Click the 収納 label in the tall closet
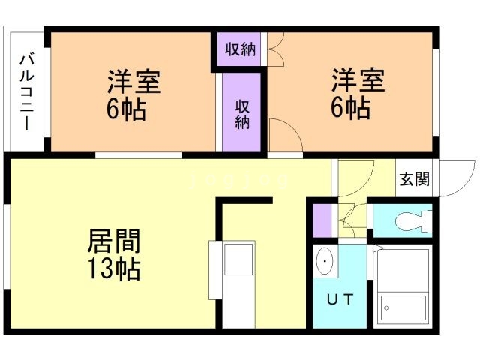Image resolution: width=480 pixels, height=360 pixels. pyautogui.click(x=241, y=114)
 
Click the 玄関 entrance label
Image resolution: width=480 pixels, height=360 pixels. pyautogui.click(x=414, y=179)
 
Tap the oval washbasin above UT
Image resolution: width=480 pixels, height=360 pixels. pyautogui.click(x=325, y=262)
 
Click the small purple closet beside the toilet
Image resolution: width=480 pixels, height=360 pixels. pyautogui.click(x=322, y=218)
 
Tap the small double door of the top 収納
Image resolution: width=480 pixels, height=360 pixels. pyautogui.click(x=273, y=50)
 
